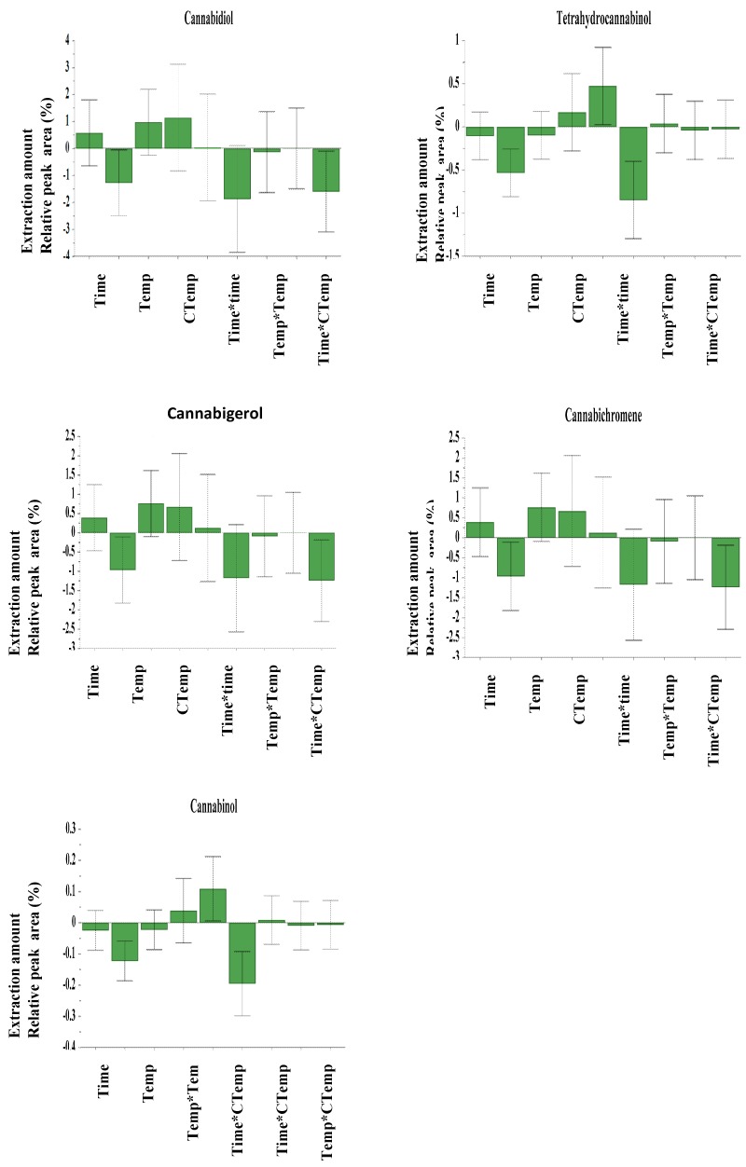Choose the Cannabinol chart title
tap(208, 806)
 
